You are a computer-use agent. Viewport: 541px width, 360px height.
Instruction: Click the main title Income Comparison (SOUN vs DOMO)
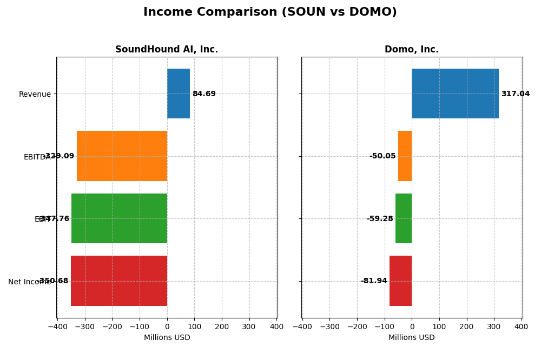pyautogui.click(x=270, y=12)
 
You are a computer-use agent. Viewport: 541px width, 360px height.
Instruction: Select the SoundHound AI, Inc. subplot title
pyautogui.click(x=167, y=50)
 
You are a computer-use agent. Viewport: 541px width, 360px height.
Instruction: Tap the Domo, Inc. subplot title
pyautogui.click(x=411, y=50)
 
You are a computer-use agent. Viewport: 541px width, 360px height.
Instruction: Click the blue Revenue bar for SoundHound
pyautogui.click(x=179, y=94)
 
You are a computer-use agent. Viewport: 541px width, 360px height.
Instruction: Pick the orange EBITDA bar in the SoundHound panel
pyautogui.click(x=122, y=156)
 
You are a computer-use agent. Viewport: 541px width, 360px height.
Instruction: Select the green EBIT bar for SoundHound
pyautogui.click(x=119, y=218)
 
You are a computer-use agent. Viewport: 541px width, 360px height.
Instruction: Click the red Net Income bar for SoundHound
pyautogui.click(x=119, y=281)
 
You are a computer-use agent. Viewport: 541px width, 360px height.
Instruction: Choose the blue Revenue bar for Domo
pyautogui.click(x=455, y=94)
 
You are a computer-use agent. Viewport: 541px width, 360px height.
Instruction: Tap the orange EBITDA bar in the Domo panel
pyautogui.click(x=405, y=156)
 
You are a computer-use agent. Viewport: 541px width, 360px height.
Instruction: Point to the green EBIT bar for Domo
pyautogui.click(x=404, y=218)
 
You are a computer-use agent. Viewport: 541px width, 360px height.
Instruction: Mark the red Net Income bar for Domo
pyautogui.click(x=400, y=281)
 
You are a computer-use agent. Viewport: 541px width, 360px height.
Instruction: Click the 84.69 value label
pyautogui.click(x=204, y=94)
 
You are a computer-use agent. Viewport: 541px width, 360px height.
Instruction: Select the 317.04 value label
pyautogui.click(x=515, y=94)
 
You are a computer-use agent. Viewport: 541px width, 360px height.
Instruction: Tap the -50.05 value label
pyautogui.click(x=382, y=156)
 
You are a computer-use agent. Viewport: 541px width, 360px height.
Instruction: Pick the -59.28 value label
pyautogui.click(x=380, y=219)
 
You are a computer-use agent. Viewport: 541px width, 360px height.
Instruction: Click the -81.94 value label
pyautogui.click(x=374, y=281)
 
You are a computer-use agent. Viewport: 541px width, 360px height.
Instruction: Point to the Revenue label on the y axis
pyautogui.click(x=35, y=95)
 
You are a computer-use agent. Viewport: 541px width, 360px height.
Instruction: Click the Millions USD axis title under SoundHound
pyautogui.click(x=167, y=338)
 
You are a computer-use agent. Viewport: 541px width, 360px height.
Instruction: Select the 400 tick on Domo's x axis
pyautogui.click(x=521, y=326)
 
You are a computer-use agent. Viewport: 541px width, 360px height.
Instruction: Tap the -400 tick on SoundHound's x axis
pyautogui.click(x=57, y=326)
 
